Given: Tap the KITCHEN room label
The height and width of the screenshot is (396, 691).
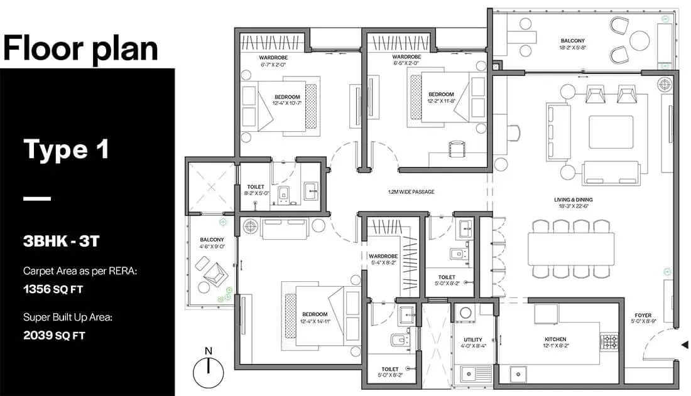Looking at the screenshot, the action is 555,339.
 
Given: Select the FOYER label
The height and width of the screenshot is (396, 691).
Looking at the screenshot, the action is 643,316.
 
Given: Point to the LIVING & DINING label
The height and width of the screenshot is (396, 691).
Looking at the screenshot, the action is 574,200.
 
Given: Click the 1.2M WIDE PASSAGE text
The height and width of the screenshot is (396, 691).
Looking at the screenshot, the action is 411,191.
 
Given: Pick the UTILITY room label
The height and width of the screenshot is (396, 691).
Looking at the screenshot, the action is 473,340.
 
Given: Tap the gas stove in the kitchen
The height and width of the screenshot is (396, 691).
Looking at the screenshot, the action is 610,342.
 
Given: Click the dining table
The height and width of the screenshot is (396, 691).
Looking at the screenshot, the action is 571,249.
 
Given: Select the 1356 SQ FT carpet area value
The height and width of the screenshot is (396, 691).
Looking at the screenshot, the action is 53,289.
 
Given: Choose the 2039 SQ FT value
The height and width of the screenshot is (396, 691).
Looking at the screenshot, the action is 54,335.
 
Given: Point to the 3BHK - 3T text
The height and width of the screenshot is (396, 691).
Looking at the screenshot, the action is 62,241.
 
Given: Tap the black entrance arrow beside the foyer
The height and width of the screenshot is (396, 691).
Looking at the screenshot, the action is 684,345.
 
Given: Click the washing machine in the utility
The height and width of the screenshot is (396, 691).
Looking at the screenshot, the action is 466,313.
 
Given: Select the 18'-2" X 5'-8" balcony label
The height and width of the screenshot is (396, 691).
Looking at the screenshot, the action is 572,48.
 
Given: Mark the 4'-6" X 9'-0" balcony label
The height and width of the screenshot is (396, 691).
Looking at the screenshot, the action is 212,247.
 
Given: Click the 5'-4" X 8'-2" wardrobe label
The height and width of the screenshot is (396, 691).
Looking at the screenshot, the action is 383,263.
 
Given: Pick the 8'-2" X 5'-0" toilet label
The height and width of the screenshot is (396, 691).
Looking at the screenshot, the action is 256,193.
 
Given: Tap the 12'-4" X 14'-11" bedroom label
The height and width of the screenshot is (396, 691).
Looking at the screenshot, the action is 315,321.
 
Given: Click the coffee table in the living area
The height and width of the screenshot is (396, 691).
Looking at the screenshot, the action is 611,132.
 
